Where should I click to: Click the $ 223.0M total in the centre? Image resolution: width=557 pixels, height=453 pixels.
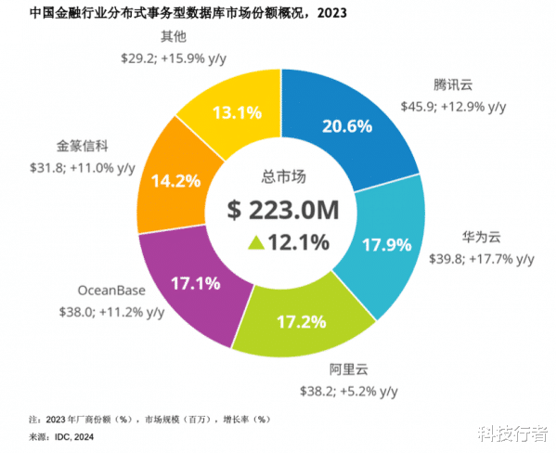coord(282,209)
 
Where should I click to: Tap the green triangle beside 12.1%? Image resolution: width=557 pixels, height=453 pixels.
coord(255,243)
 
